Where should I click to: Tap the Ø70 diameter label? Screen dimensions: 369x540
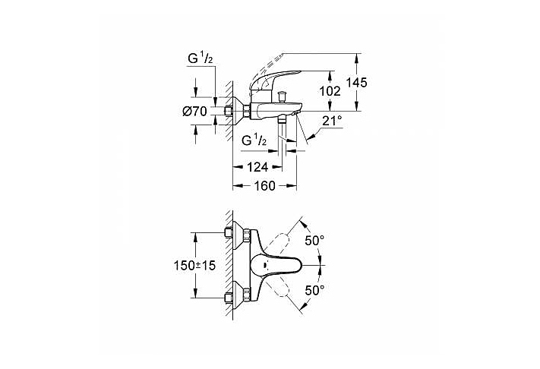tap(195, 112)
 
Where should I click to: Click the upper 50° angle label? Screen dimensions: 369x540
tap(314, 240)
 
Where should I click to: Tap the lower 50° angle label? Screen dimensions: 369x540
tap(314, 291)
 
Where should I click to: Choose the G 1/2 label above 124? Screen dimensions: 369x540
tap(253, 141)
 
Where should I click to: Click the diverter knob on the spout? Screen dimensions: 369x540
tap(282, 96)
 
